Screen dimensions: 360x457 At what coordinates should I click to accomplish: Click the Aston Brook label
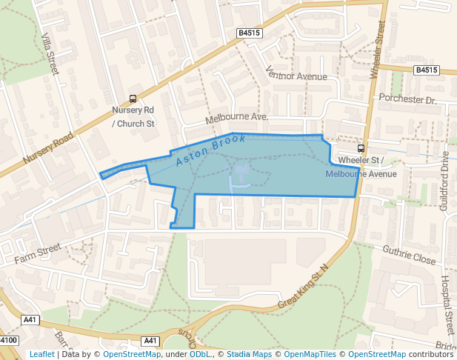(x=210, y=151)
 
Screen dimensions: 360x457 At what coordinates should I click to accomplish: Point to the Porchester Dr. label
(x=408, y=99)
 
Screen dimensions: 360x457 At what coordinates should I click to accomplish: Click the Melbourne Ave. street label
(x=236, y=118)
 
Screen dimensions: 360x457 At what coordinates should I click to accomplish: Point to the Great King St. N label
(x=302, y=287)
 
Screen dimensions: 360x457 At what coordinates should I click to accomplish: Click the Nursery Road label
(x=48, y=148)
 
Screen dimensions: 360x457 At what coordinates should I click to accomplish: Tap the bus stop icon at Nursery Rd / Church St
(x=133, y=99)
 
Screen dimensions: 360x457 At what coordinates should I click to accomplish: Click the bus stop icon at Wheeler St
(x=361, y=147)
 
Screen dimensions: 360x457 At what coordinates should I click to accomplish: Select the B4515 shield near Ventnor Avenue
(x=249, y=33)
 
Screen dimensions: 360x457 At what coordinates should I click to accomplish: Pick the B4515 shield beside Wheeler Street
(x=426, y=70)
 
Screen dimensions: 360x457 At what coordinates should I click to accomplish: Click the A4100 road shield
(x=7, y=340)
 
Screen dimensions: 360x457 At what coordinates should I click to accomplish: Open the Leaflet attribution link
(x=41, y=354)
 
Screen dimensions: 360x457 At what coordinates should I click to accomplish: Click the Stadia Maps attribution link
(x=250, y=354)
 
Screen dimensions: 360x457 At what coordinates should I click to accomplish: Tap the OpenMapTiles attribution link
(x=310, y=354)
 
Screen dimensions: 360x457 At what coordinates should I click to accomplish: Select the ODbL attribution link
(x=201, y=354)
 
